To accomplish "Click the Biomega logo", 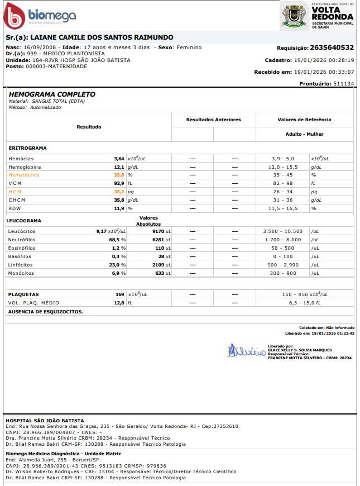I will coord(39,17).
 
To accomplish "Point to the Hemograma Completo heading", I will coord(52,94).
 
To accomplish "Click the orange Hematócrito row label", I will coord(24,175).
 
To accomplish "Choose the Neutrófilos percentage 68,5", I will coord(116,240).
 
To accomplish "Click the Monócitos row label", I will coord(21,273).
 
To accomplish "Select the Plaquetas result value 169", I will coord(120,294).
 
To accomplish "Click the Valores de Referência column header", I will coord(304,120).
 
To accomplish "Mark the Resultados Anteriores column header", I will coord(213,120).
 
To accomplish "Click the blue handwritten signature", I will coord(245,351).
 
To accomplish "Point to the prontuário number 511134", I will coord(343,83).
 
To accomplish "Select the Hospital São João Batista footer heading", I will coord(45,420).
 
